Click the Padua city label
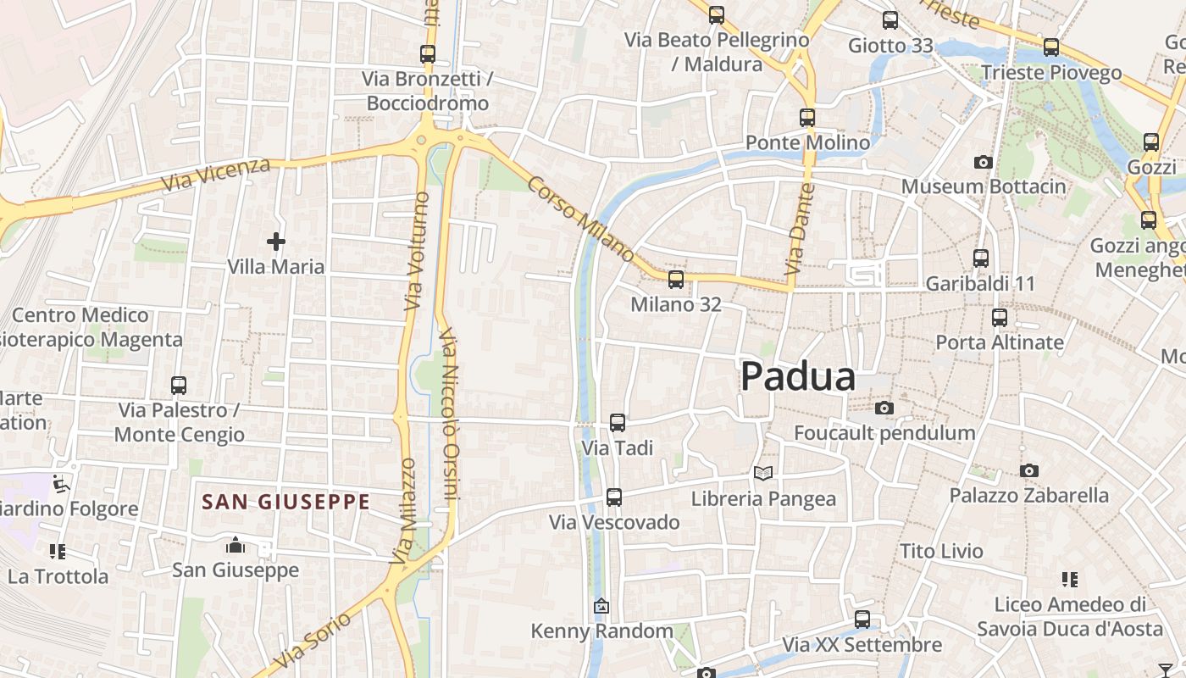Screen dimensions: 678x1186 (798, 377)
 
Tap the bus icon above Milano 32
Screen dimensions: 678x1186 (675, 279)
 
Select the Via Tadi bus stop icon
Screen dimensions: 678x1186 (618, 422)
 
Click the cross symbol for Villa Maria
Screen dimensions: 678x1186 (275, 242)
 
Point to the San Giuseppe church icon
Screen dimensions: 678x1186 (236, 545)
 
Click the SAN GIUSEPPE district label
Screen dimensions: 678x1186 (286, 502)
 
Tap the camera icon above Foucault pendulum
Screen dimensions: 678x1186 (884, 408)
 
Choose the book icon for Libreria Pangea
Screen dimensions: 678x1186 (763, 473)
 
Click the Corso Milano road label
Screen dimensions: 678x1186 (581, 219)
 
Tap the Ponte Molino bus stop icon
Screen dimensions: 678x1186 (807, 118)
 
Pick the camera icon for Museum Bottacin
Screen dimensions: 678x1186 (983, 162)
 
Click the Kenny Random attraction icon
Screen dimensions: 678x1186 (601, 606)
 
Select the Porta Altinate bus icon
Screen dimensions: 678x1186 (1000, 318)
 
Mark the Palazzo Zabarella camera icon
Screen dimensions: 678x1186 (1028, 470)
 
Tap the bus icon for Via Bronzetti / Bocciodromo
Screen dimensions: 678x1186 (428, 54)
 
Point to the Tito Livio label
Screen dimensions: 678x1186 (941, 551)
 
